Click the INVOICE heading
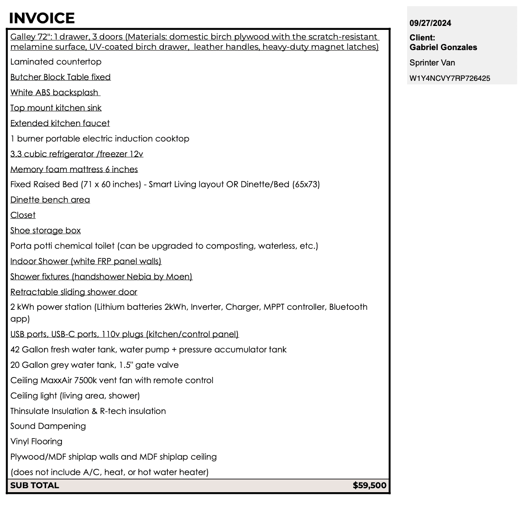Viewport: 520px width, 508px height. click(42, 18)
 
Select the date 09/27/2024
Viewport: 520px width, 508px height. click(430, 23)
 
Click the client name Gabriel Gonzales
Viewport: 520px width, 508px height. click(443, 47)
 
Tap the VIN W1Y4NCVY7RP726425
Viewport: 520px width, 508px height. click(450, 79)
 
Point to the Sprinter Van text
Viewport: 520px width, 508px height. click(432, 63)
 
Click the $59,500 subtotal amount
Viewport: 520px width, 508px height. click(369, 486)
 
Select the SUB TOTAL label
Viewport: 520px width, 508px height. click(35, 486)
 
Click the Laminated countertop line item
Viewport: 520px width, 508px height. click(56, 62)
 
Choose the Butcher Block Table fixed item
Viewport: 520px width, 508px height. click(61, 77)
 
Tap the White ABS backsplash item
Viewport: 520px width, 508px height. click(55, 93)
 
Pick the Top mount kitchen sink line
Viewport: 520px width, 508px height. click(56, 108)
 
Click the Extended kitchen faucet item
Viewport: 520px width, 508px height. click(60, 123)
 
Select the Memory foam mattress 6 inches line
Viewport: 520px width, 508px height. click(74, 170)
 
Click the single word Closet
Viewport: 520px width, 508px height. click(23, 215)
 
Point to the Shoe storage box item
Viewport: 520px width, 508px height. click(46, 231)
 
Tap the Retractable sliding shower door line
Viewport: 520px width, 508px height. click(74, 292)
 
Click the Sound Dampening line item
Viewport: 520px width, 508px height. click(48, 426)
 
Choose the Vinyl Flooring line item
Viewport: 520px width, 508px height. click(36, 442)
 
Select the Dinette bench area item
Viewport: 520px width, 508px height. click(50, 200)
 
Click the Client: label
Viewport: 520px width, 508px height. click(422, 38)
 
